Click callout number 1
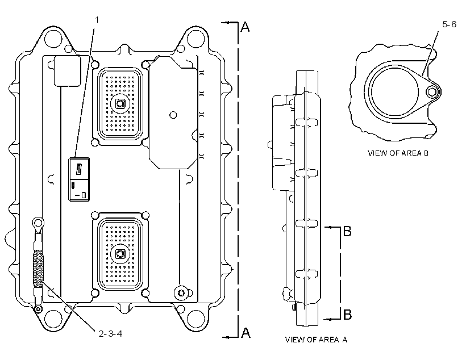[x=97, y=20]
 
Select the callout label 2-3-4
[x=110, y=333]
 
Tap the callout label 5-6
[x=449, y=24]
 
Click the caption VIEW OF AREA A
[x=316, y=340]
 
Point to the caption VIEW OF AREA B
[x=398, y=153]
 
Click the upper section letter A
[x=245, y=27]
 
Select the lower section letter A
[x=246, y=333]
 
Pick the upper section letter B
[x=347, y=231]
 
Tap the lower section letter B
[x=347, y=314]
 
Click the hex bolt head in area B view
[x=432, y=92]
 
